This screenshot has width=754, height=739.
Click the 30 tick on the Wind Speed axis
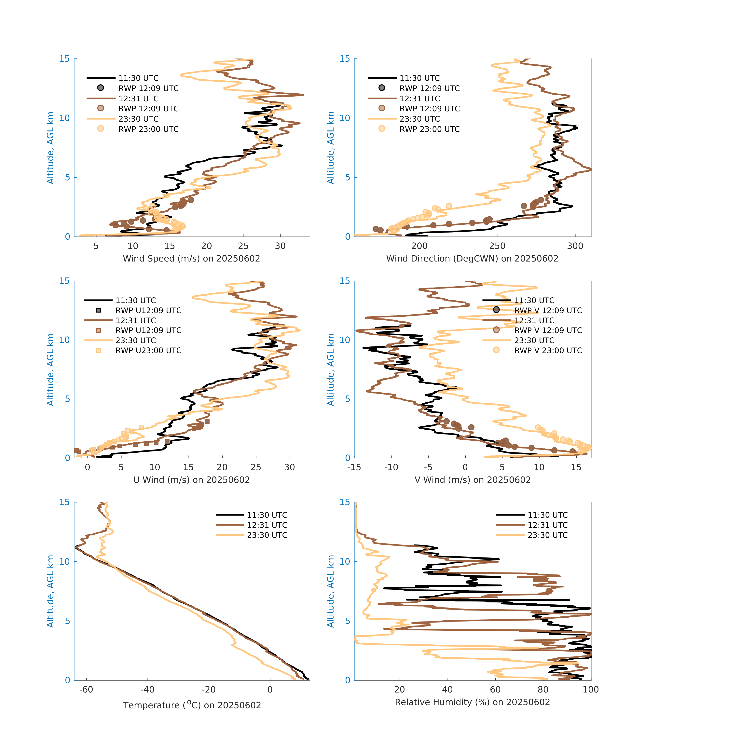point(280,246)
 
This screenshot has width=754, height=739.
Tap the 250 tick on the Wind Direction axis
point(497,246)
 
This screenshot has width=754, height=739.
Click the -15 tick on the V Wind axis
point(354,467)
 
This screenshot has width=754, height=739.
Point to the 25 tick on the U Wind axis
point(256,467)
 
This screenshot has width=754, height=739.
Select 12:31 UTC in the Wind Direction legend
point(420,99)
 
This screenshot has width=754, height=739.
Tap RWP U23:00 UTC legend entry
point(148,350)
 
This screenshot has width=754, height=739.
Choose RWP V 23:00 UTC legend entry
point(548,350)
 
